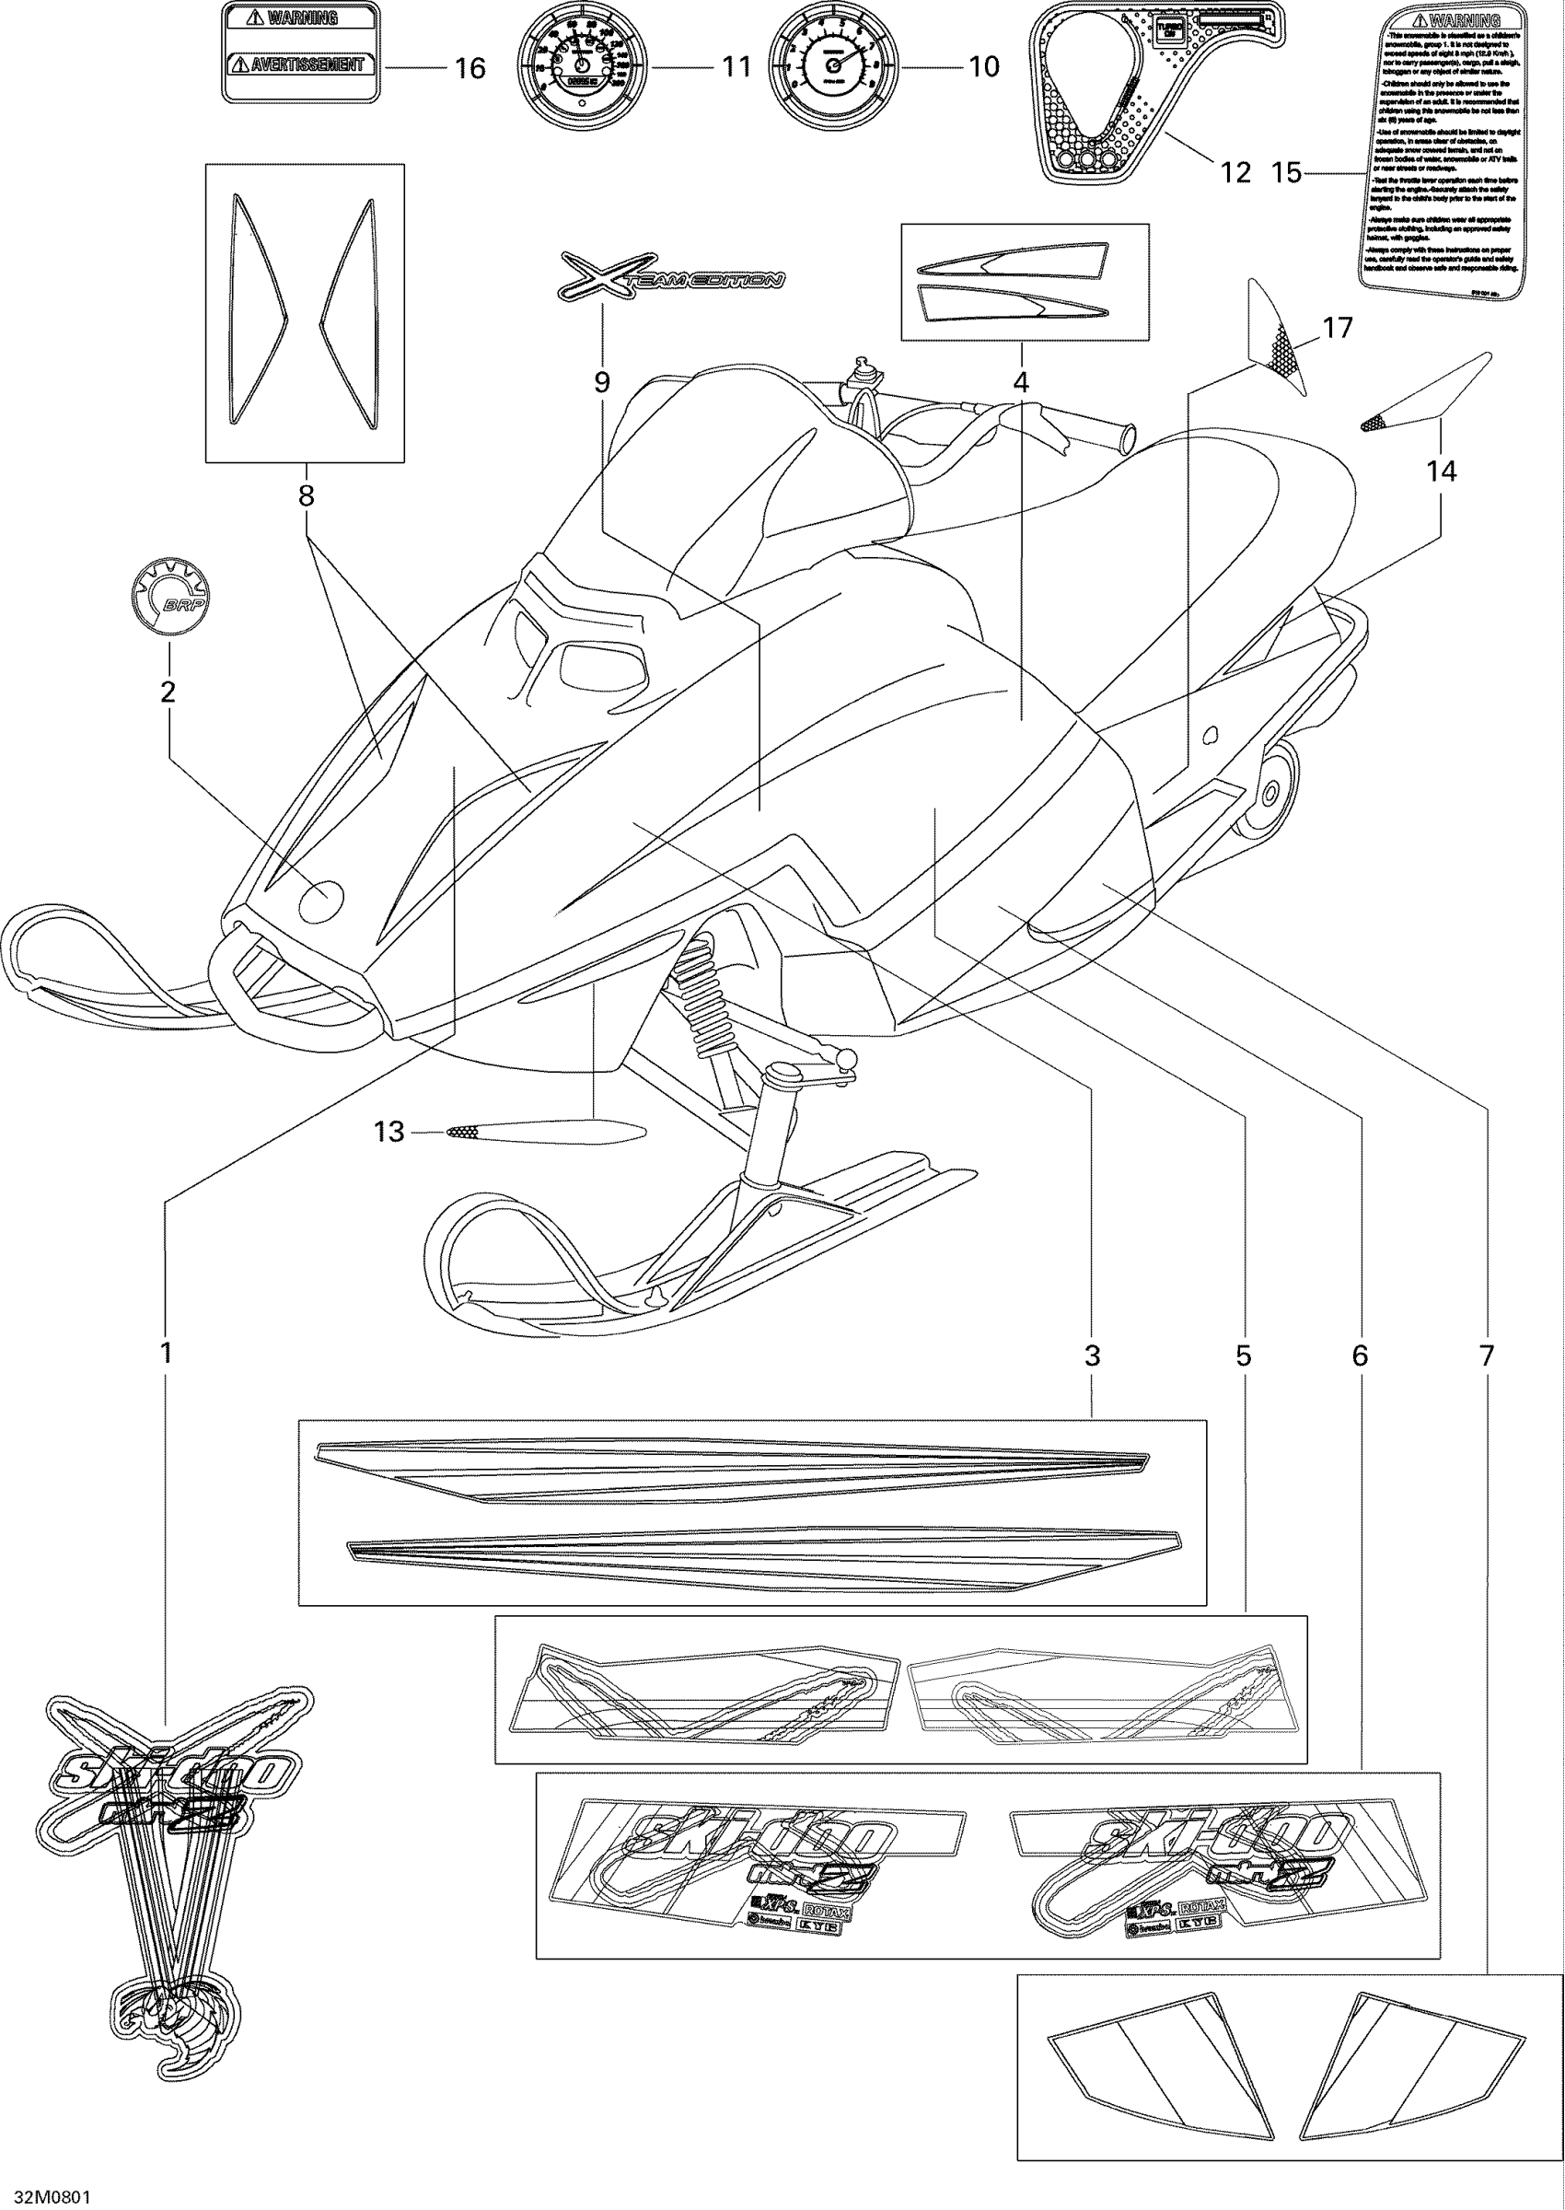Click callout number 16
[x=470, y=68]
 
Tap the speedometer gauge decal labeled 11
[x=580, y=66]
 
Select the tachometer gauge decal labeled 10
[x=831, y=66]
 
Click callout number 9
[x=602, y=383]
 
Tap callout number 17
[x=1338, y=328]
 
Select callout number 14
[x=1442, y=471]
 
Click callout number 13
[x=388, y=1132]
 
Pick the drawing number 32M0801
[x=46, y=2190]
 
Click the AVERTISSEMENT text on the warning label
[x=301, y=65]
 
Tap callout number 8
[x=306, y=495]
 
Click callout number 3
[x=1091, y=1355]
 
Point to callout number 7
[x=1487, y=1355]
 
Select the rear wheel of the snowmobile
[x=1270, y=792]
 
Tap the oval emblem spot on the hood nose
[x=321, y=901]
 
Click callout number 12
[x=1235, y=172]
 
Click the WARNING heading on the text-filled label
[x=1455, y=20]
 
